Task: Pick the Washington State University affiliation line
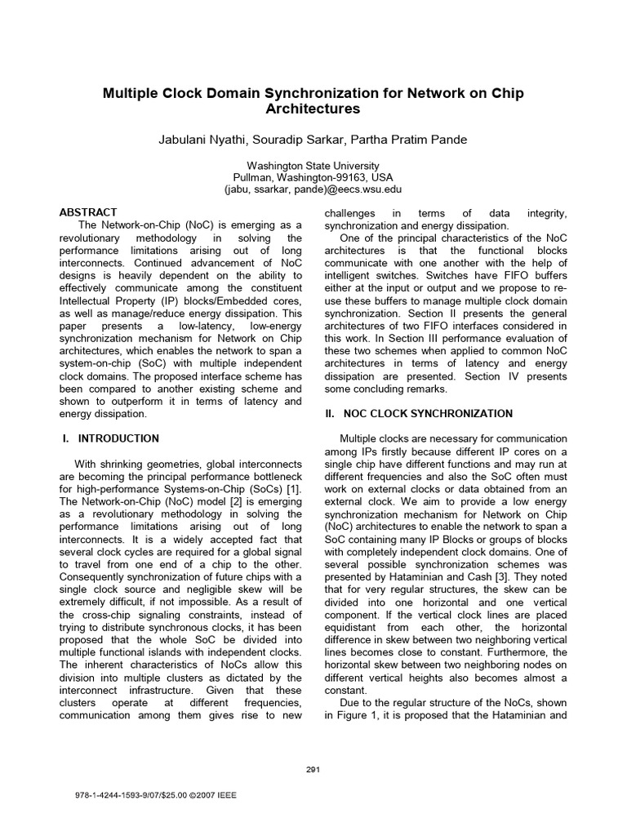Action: (x=313, y=164)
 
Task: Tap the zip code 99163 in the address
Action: (x=351, y=176)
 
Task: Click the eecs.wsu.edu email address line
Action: (x=313, y=189)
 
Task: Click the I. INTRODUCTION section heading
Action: (x=111, y=438)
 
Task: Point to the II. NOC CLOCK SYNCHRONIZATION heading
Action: (x=419, y=414)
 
